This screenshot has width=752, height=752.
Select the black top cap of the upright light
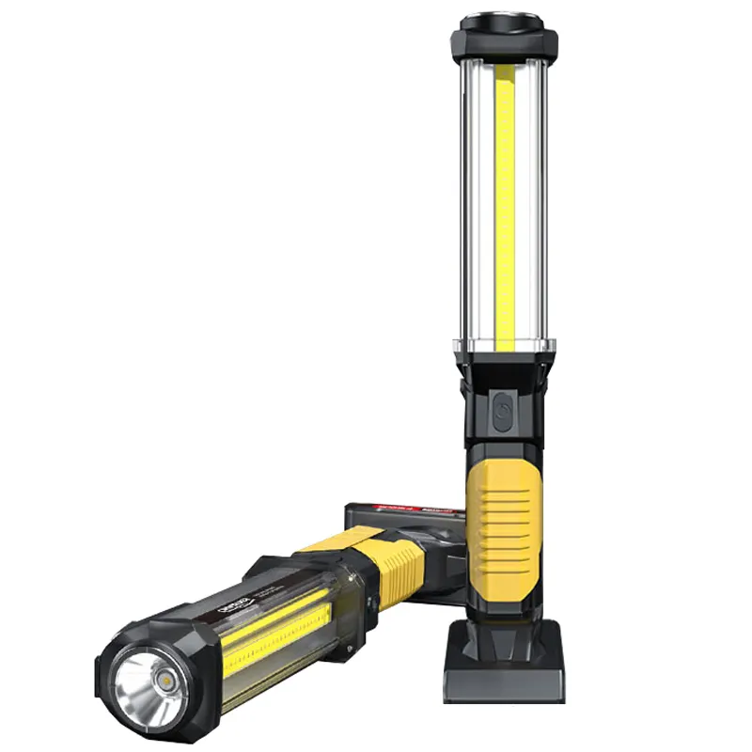(x=505, y=35)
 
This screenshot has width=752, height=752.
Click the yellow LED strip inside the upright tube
(x=506, y=207)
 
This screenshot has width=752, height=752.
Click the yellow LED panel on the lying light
(x=273, y=639)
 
